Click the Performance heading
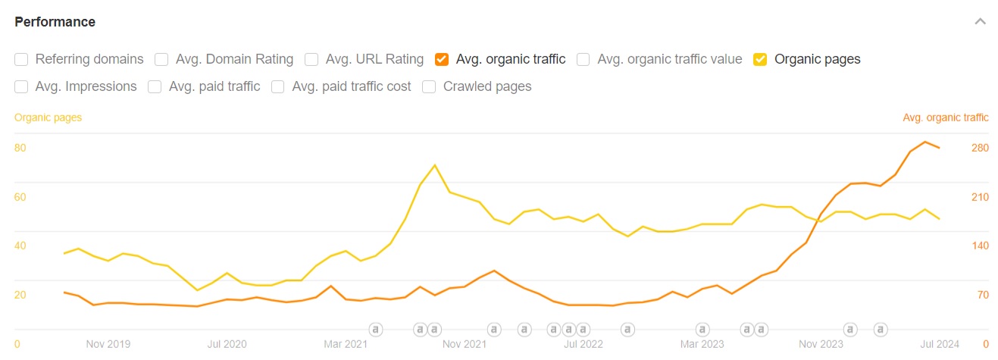point(55,22)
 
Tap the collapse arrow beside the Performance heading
point(980,21)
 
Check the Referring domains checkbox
point(21,59)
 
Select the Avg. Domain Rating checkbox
point(161,59)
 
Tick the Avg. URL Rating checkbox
point(311,59)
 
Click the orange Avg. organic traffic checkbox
point(442,59)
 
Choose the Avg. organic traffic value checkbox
point(583,59)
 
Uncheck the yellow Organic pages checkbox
point(760,59)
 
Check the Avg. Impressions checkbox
point(21,86)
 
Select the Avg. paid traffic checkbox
point(155,86)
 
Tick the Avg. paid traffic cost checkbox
point(278,86)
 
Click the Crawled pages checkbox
point(429,86)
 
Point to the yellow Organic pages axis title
point(48,117)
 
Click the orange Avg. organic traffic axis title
point(945,117)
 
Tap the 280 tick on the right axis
point(980,148)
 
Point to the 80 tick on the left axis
point(20,148)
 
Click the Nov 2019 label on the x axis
point(108,344)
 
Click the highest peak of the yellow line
point(434,165)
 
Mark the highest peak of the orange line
point(924,142)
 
